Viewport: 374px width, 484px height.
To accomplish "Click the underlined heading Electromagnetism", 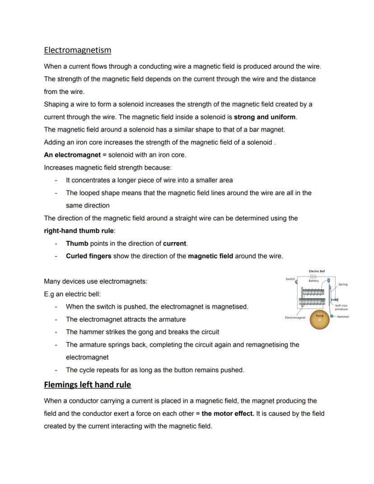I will (77, 50).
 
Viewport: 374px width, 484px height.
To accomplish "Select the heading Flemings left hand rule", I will (87, 385).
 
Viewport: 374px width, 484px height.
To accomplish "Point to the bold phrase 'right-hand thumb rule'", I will (79, 231).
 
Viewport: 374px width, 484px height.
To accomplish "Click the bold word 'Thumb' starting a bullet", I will (77, 244).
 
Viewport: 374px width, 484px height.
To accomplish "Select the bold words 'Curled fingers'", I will (89, 256).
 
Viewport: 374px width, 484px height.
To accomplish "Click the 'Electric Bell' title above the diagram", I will (317, 271).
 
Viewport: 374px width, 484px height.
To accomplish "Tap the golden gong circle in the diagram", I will (319, 319).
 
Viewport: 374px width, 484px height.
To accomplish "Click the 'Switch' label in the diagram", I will (290, 279).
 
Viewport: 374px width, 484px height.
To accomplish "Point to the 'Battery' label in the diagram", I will (313, 281).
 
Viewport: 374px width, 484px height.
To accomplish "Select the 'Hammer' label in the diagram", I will (343, 317).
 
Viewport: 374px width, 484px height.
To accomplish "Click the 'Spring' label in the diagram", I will (343, 284).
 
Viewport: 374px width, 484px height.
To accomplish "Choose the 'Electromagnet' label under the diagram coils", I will (295, 318).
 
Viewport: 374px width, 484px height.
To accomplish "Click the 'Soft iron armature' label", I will (341, 307).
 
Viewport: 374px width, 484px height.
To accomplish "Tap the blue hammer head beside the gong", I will (332, 316).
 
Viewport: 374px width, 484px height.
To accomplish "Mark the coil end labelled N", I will (323, 301).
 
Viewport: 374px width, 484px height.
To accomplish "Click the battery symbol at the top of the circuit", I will (313, 276).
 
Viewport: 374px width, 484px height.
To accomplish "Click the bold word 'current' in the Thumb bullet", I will (174, 244).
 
